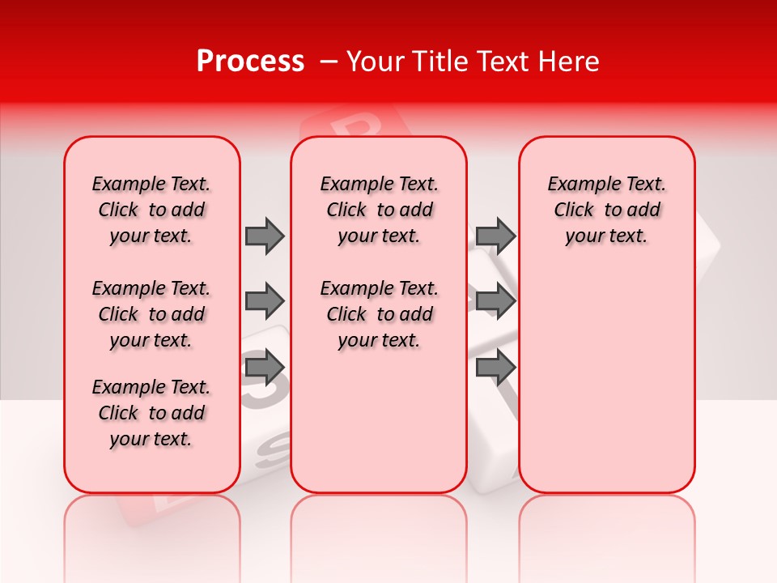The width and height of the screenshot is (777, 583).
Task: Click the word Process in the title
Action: click(x=250, y=62)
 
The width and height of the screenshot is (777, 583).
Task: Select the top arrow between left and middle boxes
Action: click(x=265, y=236)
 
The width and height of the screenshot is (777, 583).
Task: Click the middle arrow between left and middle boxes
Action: click(x=265, y=301)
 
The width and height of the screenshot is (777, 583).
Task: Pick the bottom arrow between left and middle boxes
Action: click(x=265, y=368)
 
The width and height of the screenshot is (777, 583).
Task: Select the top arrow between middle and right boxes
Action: click(x=495, y=236)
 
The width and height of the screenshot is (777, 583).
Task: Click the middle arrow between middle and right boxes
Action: click(x=495, y=301)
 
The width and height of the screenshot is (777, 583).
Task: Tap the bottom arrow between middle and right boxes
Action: click(x=495, y=368)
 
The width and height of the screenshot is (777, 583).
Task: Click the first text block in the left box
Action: click(x=151, y=210)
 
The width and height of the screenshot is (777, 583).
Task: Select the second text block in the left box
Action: click(x=151, y=314)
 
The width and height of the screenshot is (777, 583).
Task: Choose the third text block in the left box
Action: click(x=151, y=413)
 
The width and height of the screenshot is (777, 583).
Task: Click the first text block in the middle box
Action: click(x=379, y=210)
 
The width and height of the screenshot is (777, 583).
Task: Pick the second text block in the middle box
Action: click(x=379, y=314)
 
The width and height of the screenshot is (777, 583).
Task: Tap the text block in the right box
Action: click(x=606, y=210)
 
